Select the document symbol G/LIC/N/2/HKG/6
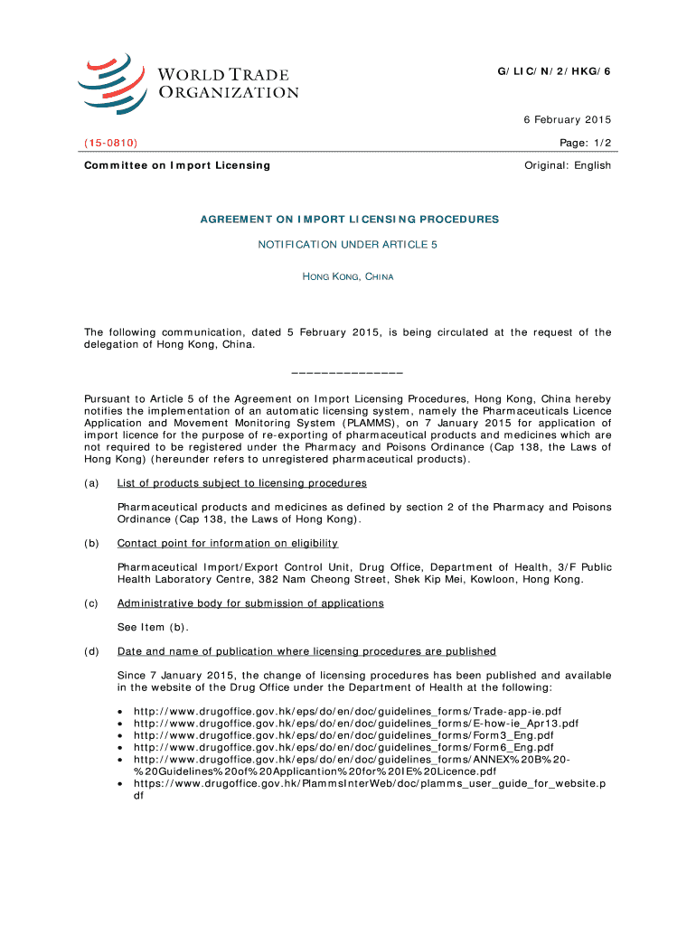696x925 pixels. (x=555, y=70)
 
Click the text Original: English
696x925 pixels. (x=568, y=165)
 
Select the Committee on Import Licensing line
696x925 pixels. (x=177, y=165)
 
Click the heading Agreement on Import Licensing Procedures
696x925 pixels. (x=348, y=220)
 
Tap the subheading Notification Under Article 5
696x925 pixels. (x=348, y=245)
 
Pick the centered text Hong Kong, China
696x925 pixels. (x=348, y=276)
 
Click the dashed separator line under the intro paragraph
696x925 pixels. (x=348, y=372)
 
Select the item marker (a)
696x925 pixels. (x=92, y=483)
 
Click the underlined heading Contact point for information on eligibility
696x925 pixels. (x=228, y=543)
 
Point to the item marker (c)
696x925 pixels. (x=92, y=603)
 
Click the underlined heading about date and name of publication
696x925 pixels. (x=306, y=651)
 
